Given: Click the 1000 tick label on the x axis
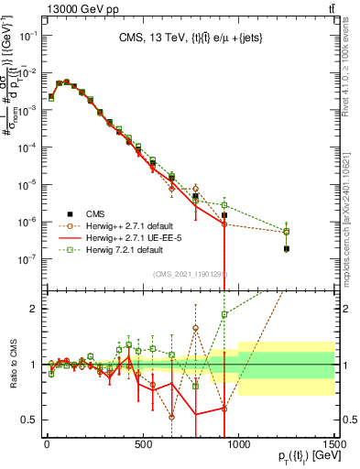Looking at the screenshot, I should click(239, 445).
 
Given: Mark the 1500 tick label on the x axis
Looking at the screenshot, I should click(335, 445).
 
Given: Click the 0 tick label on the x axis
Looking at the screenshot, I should click(47, 445).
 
